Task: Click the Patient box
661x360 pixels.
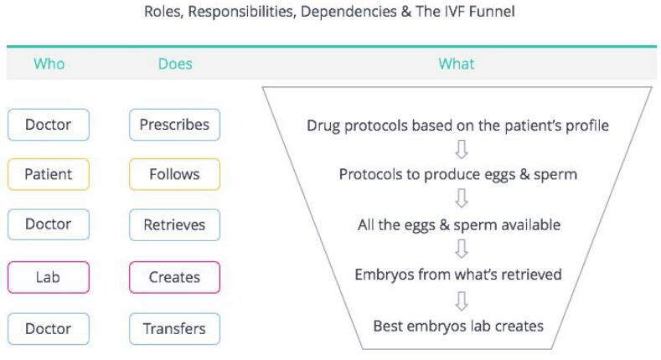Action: [x=49, y=174]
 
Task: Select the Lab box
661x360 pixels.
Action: [x=49, y=277]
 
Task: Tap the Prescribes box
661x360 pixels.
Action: [x=174, y=125]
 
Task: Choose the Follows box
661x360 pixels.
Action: [x=174, y=174]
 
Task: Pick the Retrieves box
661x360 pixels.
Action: [x=174, y=225]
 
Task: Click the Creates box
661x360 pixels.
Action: [x=174, y=277]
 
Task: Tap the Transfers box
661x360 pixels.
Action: [x=174, y=329]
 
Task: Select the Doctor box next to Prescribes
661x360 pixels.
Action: [x=49, y=125]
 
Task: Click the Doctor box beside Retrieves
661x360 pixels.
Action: [x=49, y=224]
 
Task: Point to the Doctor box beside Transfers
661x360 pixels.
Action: [x=49, y=329]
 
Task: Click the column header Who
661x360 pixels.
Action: [x=49, y=64]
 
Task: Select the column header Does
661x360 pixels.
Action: [x=175, y=64]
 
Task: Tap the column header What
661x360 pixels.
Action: [x=456, y=64]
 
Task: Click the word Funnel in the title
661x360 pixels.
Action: [x=492, y=12]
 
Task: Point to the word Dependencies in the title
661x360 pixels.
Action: [x=349, y=12]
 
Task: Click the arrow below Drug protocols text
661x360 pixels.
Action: [x=462, y=150]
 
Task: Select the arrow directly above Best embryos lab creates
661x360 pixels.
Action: [x=462, y=301]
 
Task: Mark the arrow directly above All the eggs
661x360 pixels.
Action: [x=462, y=198]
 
